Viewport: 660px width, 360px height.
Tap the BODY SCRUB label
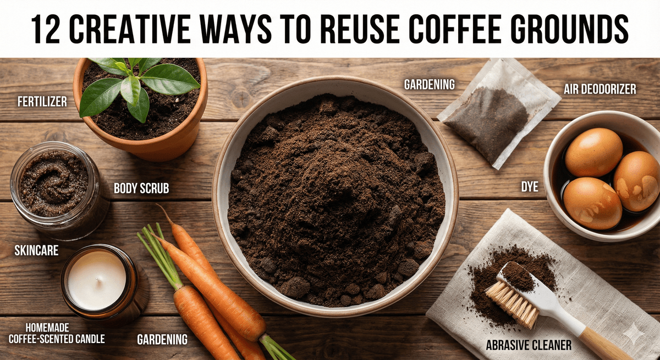click(x=141, y=189)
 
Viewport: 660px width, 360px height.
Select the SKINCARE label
click(x=36, y=252)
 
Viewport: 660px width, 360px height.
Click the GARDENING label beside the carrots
click(x=162, y=339)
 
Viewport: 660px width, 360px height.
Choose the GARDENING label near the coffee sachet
click(x=429, y=85)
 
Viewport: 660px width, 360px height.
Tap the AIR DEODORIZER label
click(x=599, y=88)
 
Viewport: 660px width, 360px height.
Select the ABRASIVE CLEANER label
click(x=529, y=345)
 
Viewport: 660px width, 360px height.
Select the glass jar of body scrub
click(x=55, y=190)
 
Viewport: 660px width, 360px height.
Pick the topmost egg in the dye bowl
click(x=593, y=152)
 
